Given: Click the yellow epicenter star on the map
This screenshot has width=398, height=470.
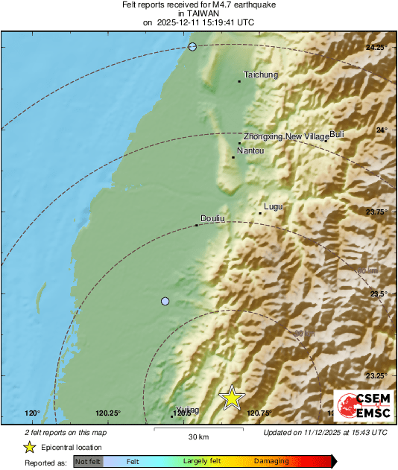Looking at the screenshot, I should point(232,398).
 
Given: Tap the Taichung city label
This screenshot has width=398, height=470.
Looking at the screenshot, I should point(261,74).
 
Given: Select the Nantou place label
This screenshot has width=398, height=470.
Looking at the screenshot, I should point(250,150).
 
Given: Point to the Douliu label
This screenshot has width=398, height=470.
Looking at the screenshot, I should point(213,218).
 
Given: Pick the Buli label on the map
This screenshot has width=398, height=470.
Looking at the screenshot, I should point(337,134).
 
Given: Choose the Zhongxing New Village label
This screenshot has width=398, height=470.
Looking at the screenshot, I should point(286,136).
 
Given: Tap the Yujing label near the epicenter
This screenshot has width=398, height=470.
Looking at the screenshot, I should point(188,410).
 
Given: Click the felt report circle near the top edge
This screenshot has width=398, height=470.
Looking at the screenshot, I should point(192,47).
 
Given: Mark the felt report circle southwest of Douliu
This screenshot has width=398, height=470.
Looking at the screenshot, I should point(165,301).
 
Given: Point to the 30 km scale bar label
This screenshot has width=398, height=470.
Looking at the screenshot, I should point(198,436).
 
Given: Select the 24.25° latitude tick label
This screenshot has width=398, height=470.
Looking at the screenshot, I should point(376,48).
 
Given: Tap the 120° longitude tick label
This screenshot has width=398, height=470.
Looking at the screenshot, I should point(32,413).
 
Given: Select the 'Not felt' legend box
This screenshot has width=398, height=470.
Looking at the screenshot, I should point(89,462).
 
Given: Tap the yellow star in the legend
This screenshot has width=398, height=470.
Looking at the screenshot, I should point(29,447).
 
